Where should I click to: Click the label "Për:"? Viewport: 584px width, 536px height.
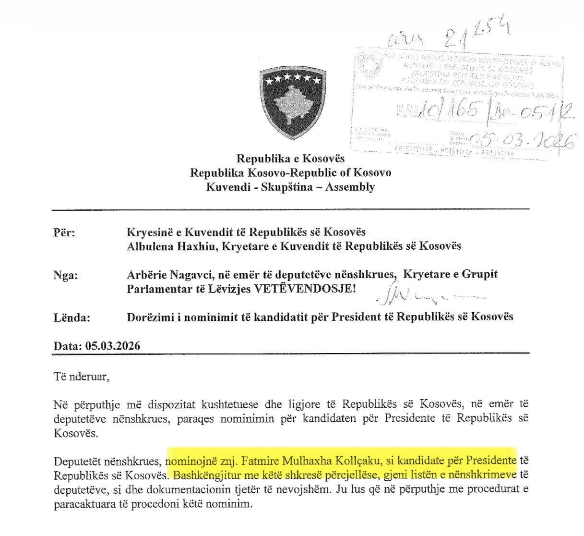pyautogui.click(x=65, y=232)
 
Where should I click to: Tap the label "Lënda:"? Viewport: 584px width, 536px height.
pyautogui.click(x=71, y=317)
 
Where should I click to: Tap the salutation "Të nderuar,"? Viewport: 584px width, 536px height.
pyautogui.click(x=82, y=376)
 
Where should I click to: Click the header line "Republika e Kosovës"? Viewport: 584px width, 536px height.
pyautogui.click(x=290, y=158)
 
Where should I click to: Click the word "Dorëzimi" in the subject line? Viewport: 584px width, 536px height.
pyautogui.click(x=147, y=317)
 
